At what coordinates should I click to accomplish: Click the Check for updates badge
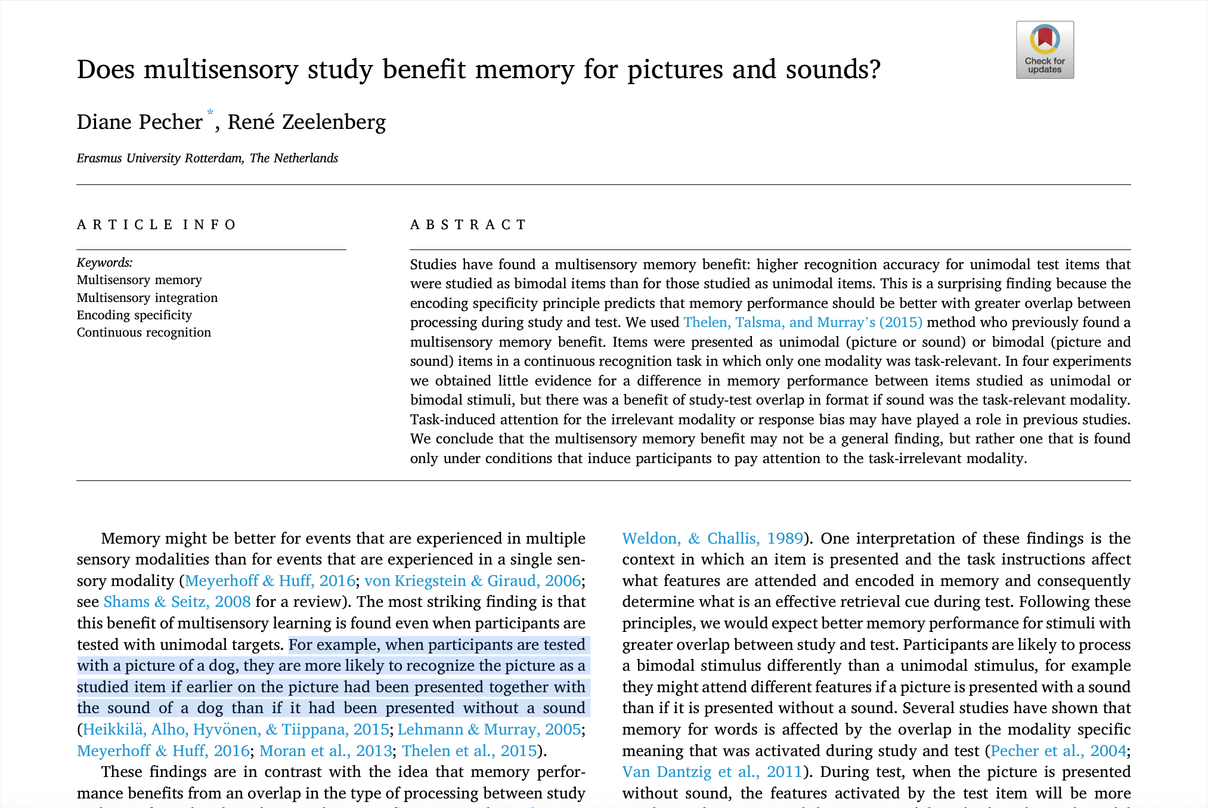coord(1045,50)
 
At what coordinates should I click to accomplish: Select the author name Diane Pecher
coord(140,122)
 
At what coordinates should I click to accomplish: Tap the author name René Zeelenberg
coord(306,122)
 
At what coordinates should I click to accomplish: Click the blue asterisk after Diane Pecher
coord(210,113)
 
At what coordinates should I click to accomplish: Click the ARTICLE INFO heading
coord(157,224)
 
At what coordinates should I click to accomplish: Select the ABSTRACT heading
coord(468,224)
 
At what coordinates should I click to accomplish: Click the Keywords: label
coord(104,263)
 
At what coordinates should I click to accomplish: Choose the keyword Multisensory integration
coord(147,297)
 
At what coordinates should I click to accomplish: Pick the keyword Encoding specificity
coord(134,314)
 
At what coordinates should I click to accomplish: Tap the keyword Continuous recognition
coord(144,332)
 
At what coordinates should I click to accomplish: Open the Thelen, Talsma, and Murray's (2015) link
coord(803,322)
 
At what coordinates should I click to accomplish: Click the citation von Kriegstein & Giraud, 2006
coord(472,581)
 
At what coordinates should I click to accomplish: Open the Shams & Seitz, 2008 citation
coord(177,602)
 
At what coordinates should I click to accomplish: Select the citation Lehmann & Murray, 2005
coord(489,729)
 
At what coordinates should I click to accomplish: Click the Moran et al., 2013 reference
coord(326,751)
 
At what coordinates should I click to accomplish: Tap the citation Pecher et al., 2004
coord(1058,751)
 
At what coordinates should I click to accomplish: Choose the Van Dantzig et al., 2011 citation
coord(712,772)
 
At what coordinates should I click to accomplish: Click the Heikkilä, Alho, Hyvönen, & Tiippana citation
coord(236,729)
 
